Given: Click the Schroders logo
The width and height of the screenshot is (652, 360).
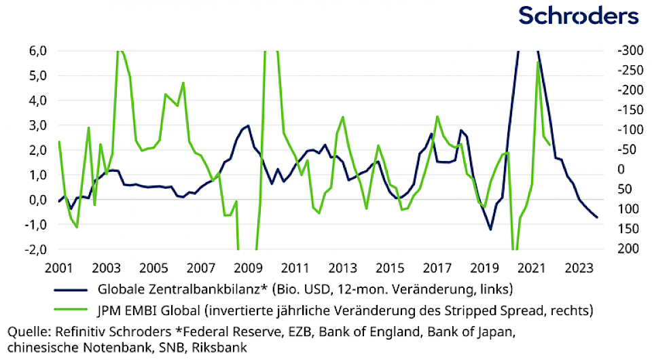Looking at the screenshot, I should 578,16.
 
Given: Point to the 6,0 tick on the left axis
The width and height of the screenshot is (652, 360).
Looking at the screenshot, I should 37,50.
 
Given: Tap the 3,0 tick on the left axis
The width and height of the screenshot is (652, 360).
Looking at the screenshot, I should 37,125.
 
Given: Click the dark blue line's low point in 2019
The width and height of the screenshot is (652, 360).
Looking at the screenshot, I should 490,230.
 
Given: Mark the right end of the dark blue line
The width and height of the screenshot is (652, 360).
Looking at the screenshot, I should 597,217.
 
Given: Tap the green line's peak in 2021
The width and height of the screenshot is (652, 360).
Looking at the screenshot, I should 539,62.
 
